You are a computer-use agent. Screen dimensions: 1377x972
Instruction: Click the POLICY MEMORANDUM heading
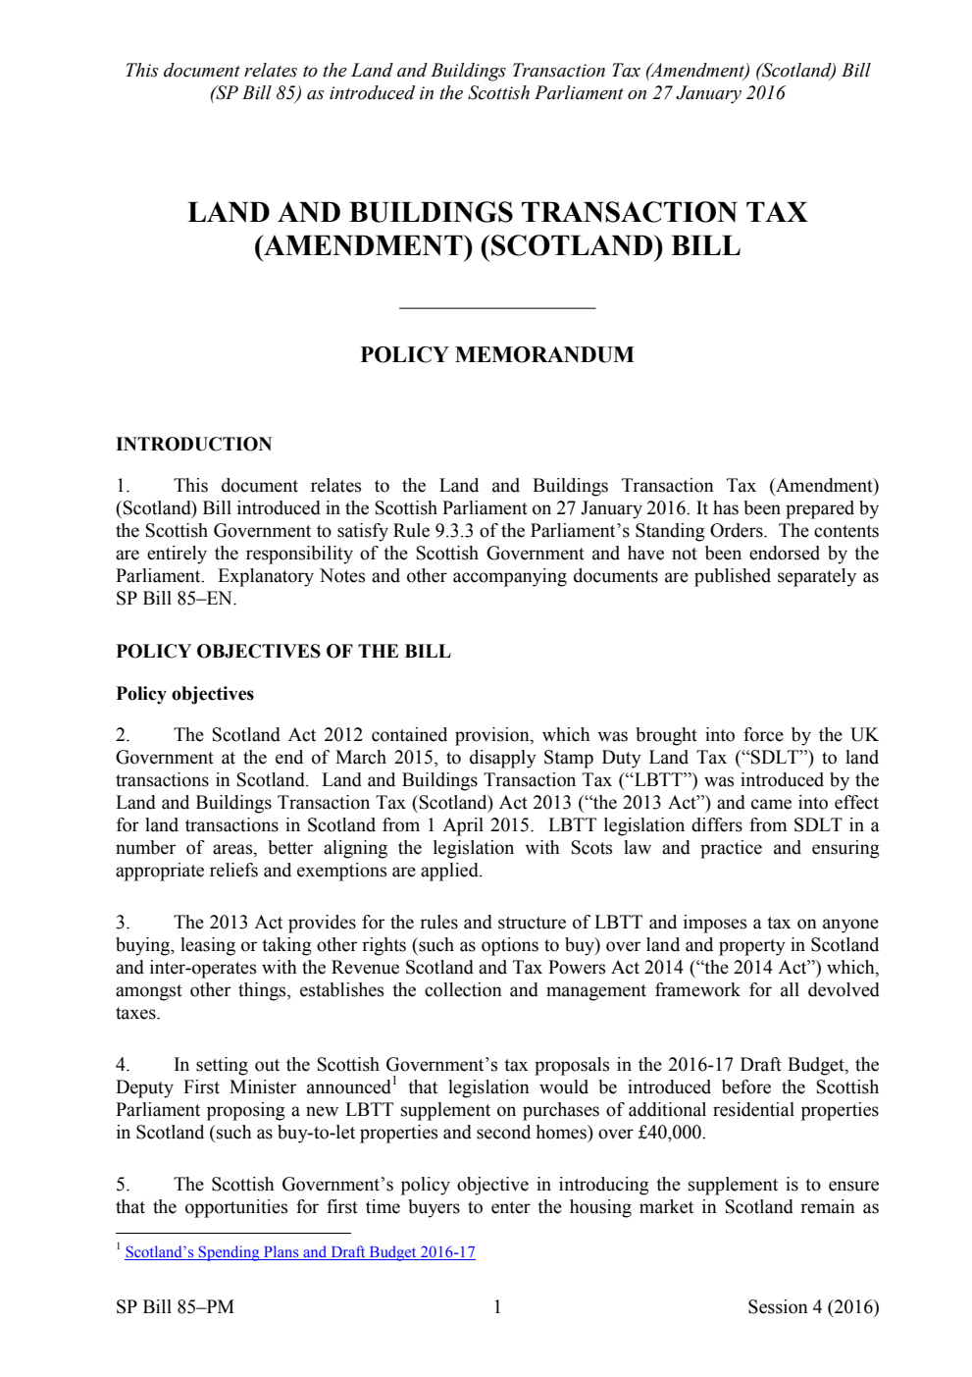click(x=496, y=355)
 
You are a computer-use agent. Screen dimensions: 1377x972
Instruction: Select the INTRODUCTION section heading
click(x=193, y=445)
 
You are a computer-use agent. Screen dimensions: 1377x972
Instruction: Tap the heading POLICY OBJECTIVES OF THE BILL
click(x=282, y=652)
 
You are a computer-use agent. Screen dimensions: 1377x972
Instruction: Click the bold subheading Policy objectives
click(x=184, y=694)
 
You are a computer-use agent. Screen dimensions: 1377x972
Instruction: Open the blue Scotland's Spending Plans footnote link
click(x=300, y=1252)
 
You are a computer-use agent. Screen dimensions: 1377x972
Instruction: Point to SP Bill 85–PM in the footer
click(x=175, y=1307)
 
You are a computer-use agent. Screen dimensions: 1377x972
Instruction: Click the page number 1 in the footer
click(x=497, y=1307)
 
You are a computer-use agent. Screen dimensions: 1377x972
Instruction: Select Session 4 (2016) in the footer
click(x=812, y=1307)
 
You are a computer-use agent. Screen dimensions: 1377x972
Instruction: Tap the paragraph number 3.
click(x=123, y=923)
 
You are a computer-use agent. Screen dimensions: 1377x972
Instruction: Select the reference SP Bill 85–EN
click(x=175, y=599)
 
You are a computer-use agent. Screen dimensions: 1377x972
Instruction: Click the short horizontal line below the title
click(x=497, y=308)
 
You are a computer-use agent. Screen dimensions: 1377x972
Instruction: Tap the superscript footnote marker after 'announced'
click(x=394, y=1082)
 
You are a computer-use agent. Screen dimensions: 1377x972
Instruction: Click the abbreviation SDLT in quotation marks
click(x=774, y=758)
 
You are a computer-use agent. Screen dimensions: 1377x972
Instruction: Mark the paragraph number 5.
click(x=123, y=1185)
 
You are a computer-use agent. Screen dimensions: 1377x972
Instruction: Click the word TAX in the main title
click(x=776, y=213)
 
